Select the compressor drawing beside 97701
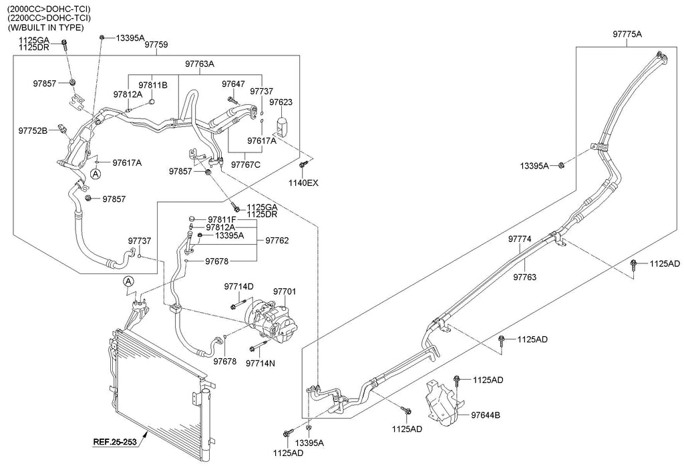[x=271, y=319]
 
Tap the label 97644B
[x=486, y=415]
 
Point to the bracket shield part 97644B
[x=442, y=402]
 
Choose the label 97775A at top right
[x=627, y=33]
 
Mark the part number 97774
[x=520, y=239]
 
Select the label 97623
[x=281, y=102]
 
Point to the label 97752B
[x=33, y=131]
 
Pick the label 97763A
[x=200, y=64]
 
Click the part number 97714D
[x=238, y=286]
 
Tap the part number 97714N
[x=260, y=363]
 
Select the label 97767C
[x=245, y=164]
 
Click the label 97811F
[x=221, y=219]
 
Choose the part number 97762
[x=278, y=239]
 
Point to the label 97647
[x=233, y=84]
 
